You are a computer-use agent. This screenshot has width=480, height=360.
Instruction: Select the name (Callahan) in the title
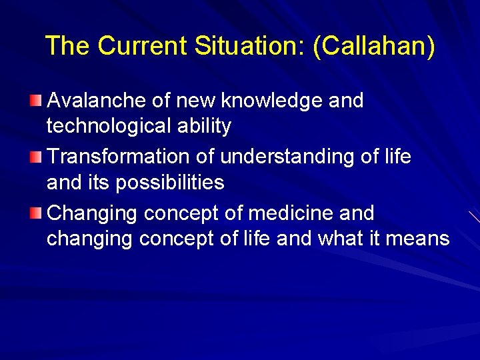pyautogui.click(x=374, y=47)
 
